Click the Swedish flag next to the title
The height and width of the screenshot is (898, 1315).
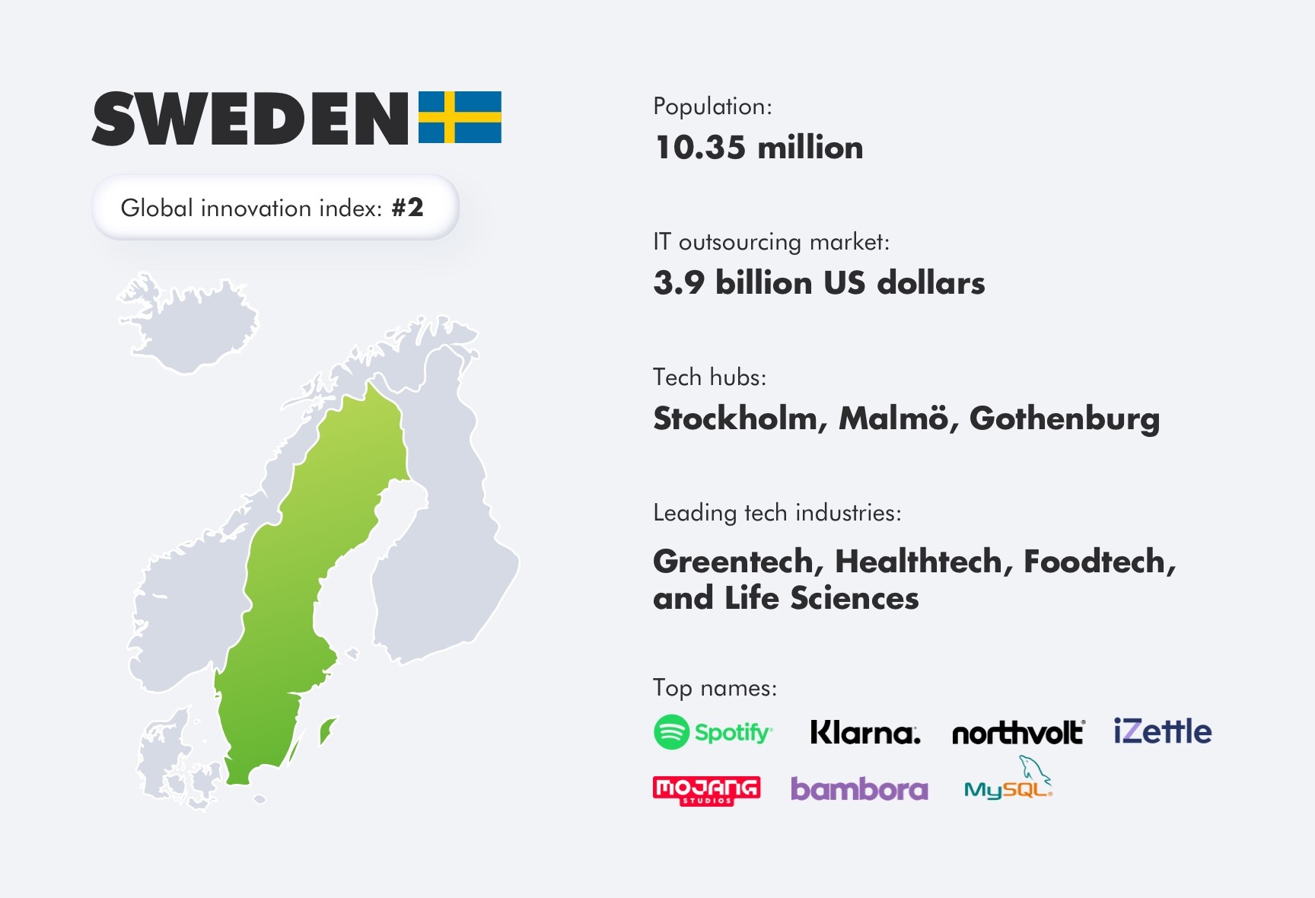(x=460, y=117)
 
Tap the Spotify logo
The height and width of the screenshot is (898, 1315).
(x=713, y=732)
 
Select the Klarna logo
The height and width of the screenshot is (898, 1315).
(x=864, y=732)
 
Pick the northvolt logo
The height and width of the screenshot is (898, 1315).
(x=1017, y=732)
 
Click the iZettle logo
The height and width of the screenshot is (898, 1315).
(x=1162, y=731)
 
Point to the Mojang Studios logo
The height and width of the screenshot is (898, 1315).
(x=706, y=790)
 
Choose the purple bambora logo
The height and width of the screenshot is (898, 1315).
(x=859, y=789)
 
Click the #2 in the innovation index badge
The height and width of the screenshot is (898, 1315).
(x=407, y=208)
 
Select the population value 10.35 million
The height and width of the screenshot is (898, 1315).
(x=759, y=148)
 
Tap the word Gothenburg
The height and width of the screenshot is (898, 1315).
(x=1064, y=419)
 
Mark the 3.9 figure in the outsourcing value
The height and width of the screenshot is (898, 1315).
(x=679, y=283)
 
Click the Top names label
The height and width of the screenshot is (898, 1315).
(x=715, y=688)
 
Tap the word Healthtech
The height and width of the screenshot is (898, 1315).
(x=923, y=562)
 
